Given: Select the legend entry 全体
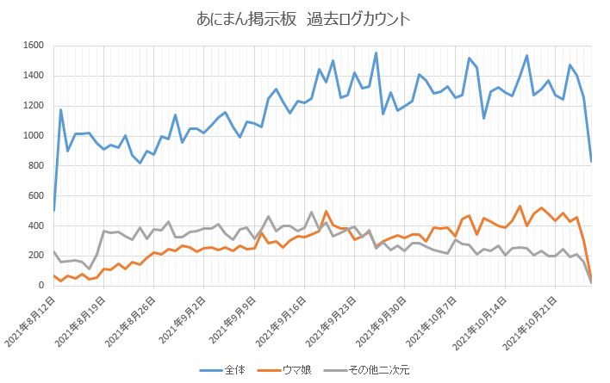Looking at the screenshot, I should pos(235,369).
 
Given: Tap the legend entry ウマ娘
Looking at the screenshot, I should pos(298,369).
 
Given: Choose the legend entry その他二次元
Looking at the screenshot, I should pos(380,369).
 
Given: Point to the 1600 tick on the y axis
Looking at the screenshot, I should pos(33,46).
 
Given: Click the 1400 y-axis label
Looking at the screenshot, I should pos(33,76).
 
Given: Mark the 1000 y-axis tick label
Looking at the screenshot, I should pos(33,136).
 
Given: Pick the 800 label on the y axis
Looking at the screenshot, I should pos(35,166).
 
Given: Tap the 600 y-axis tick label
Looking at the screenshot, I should pos(35,196).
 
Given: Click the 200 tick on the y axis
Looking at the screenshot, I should pos(35,256).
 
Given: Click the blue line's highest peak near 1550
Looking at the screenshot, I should pos(376,53).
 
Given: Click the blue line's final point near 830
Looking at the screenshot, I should pos(591,161).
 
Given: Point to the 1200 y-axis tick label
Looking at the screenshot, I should pos(33,106).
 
